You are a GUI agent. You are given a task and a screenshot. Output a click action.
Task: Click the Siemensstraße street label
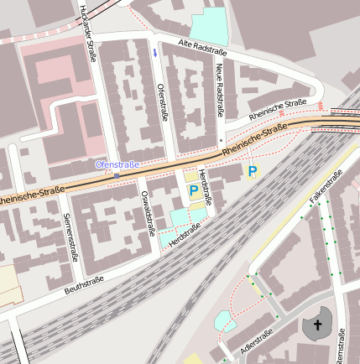pyautogui.click(x=69, y=237)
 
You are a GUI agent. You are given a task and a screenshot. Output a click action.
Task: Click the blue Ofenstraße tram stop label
pyautogui.click(x=117, y=164)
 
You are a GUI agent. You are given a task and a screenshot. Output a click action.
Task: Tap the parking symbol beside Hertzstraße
pyautogui.click(x=193, y=191)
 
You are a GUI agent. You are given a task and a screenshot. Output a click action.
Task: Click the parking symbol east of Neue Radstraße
pyautogui.click(x=252, y=171)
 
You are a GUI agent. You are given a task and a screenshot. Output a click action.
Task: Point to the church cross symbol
pyautogui.click(x=318, y=325)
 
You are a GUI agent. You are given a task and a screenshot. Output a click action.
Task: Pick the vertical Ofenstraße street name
pyautogui.click(x=162, y=101)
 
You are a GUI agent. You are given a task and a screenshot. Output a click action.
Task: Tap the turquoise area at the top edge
pyautogui.click(x=209, y=26)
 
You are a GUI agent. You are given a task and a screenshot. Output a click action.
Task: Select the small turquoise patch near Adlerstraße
pyautogui.click(x=222, y=320)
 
